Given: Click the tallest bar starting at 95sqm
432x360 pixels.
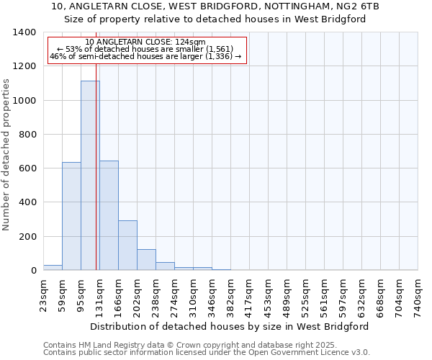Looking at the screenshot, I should pyautogui.click(x=90, y=176).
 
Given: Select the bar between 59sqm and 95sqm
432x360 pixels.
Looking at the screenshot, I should pyautogui.click(x=71, y=216).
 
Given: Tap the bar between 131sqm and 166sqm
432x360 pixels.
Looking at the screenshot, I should pyautogui.click(x=109, y=215).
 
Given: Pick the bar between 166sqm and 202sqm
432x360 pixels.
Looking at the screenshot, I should pyautogui.click(x=127, y=246).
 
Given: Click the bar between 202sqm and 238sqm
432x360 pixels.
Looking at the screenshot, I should pyautogui.click(x=146, y=260).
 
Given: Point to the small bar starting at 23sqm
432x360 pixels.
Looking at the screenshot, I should pyautogui.click(x=53, y=267).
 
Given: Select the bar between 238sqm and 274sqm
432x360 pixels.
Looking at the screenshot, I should pyautogui.click(x=165, y=266).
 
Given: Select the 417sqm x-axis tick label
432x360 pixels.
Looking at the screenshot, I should pyautogui.click(x=249, y=296).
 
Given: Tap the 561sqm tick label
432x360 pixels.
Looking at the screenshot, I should pyautogui.click(x=324, y=296).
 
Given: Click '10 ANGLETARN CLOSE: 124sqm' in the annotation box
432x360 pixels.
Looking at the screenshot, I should pyautogui.click(x=145, y=42).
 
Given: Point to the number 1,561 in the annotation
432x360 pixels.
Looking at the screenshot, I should pyautogui.click(x=217, y=49).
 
